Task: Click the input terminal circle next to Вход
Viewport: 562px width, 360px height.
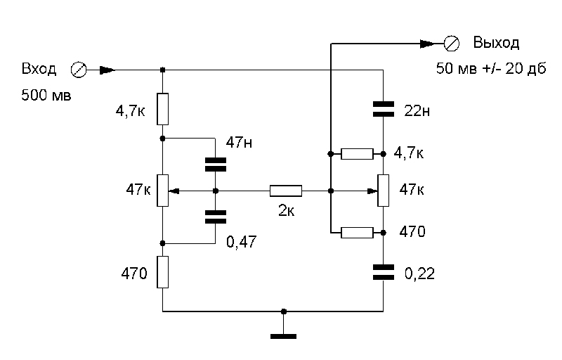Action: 79,70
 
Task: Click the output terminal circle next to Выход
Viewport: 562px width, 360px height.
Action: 452,44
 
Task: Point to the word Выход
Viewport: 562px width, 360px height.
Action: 496,43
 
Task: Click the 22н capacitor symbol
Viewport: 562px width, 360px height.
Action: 383,108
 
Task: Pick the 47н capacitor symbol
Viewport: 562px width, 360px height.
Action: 216,165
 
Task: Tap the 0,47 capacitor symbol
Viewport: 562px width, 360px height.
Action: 216,217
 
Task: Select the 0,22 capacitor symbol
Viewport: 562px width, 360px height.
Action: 383,272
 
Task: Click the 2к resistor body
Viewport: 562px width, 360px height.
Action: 286,191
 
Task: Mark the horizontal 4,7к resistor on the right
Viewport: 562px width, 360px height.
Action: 357,154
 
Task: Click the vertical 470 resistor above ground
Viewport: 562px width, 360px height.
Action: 162,272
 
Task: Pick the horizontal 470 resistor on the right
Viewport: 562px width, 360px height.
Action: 357,232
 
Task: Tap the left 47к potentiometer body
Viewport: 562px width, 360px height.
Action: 162,191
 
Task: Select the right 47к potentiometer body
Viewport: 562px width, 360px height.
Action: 383,191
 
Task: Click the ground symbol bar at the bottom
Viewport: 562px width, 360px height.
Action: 283,337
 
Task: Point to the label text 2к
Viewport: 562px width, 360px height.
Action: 286,210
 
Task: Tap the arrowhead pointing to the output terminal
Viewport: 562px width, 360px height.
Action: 426,44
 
